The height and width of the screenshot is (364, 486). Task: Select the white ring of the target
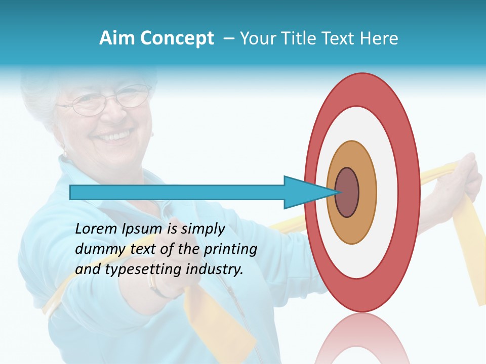point(387,193)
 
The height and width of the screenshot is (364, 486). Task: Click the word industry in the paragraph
point(215,270)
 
